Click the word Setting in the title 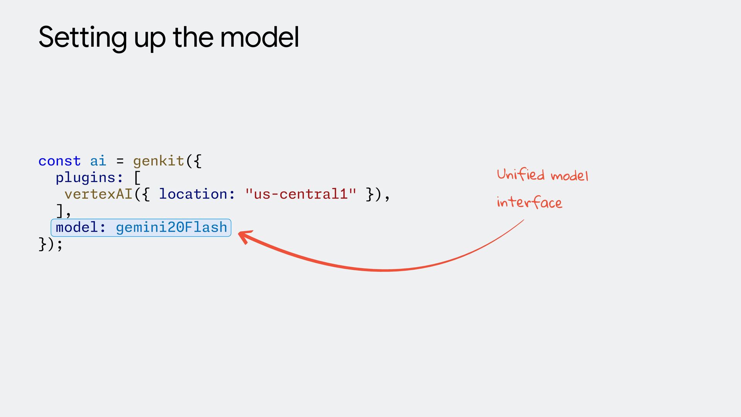pos(82,38)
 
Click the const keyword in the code pos(59,161)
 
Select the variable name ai pos(98,161)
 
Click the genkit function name pos(159,161)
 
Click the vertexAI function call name pos(98,194)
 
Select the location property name pos(193,194)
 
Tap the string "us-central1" pos(301,194)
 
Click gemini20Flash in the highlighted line pos(171,227)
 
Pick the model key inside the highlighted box pos(77,227)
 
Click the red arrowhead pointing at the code pos(244,236)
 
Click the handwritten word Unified pos(521,175)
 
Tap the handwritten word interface pos(529,202)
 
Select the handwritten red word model pos(569,176)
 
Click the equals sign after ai pos(120,161)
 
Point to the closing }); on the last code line pos(50,244)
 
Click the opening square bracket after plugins pos(137,178)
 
